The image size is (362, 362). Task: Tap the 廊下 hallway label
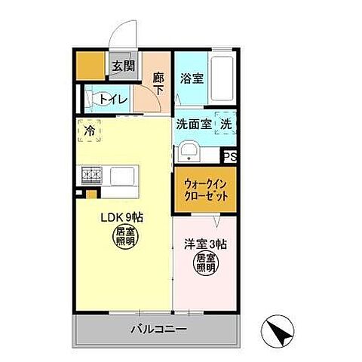click(x=158, y=81)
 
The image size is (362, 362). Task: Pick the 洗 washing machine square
click(x=225, y=125)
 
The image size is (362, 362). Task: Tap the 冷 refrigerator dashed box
click(x=90, y=131)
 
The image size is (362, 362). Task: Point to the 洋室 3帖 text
click(x=206, y=244)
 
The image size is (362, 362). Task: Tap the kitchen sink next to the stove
click(x=123, y=176)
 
